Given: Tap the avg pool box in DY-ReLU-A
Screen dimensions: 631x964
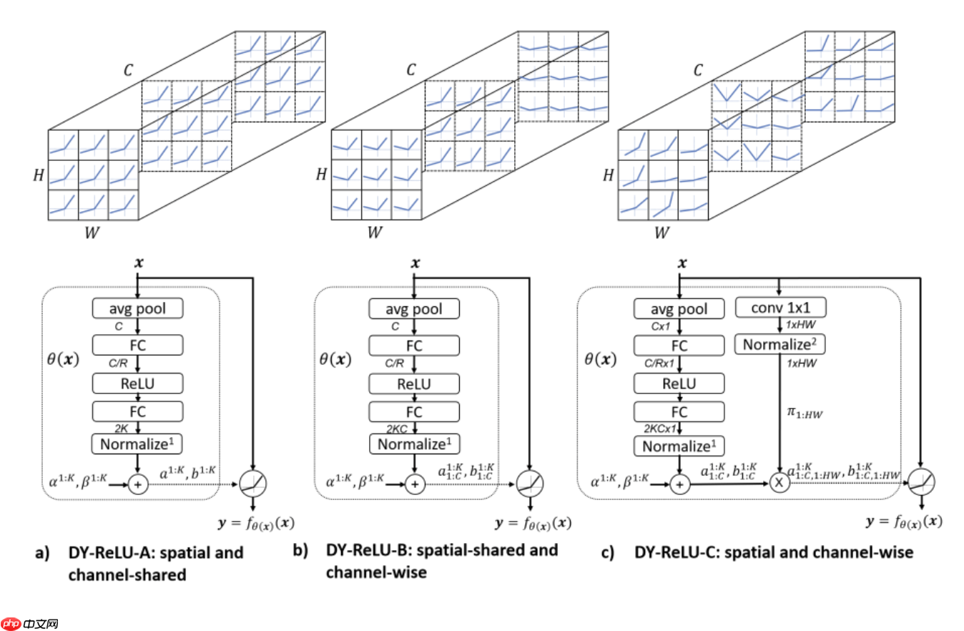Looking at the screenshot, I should [138, 309].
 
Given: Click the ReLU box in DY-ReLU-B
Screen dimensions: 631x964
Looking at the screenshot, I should [415, 383].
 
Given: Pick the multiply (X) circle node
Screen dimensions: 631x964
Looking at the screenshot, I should [779, 483].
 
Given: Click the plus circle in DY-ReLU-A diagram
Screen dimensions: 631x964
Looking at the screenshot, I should [138, 484].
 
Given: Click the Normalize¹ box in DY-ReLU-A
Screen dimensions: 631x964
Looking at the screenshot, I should [138, 444].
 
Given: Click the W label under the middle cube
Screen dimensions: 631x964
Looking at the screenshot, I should [374, 232].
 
